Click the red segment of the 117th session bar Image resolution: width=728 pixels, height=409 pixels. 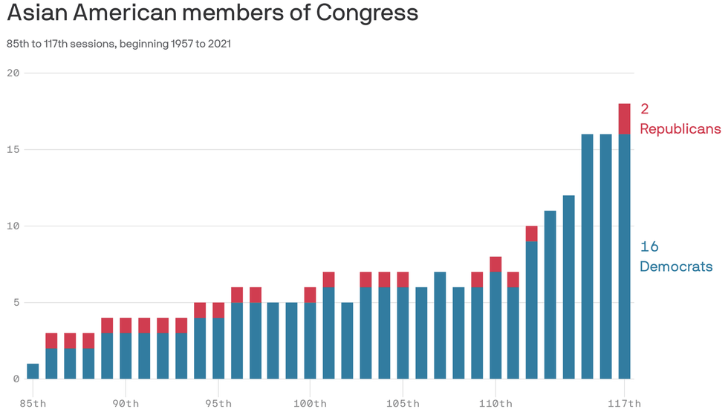click(624, 119)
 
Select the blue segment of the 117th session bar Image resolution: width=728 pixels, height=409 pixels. click(624, 256)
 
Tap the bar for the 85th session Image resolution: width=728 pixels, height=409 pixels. click(33, 371)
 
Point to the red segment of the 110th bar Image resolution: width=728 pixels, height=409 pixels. click(495, 264)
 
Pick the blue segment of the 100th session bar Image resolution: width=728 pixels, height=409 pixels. click(311, 341)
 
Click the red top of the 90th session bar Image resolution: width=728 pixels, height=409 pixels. click(126, 325)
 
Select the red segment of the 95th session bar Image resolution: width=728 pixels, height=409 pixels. click(218, 310)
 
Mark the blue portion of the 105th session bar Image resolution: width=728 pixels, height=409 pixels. click(403, 333)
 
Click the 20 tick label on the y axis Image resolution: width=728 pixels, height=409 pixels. click(12, 73)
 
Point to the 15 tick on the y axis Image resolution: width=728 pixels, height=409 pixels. click(12, 149)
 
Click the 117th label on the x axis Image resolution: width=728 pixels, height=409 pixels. click(624, 403)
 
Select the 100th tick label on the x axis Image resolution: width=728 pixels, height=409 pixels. click(311, 403)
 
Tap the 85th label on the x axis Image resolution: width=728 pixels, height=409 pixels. click(33, 403)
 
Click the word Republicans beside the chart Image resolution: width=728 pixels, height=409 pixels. click(680, 129)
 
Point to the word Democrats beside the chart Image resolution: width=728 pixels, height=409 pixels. click(676, 266)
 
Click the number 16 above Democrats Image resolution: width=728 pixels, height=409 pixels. click(649, 247)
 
